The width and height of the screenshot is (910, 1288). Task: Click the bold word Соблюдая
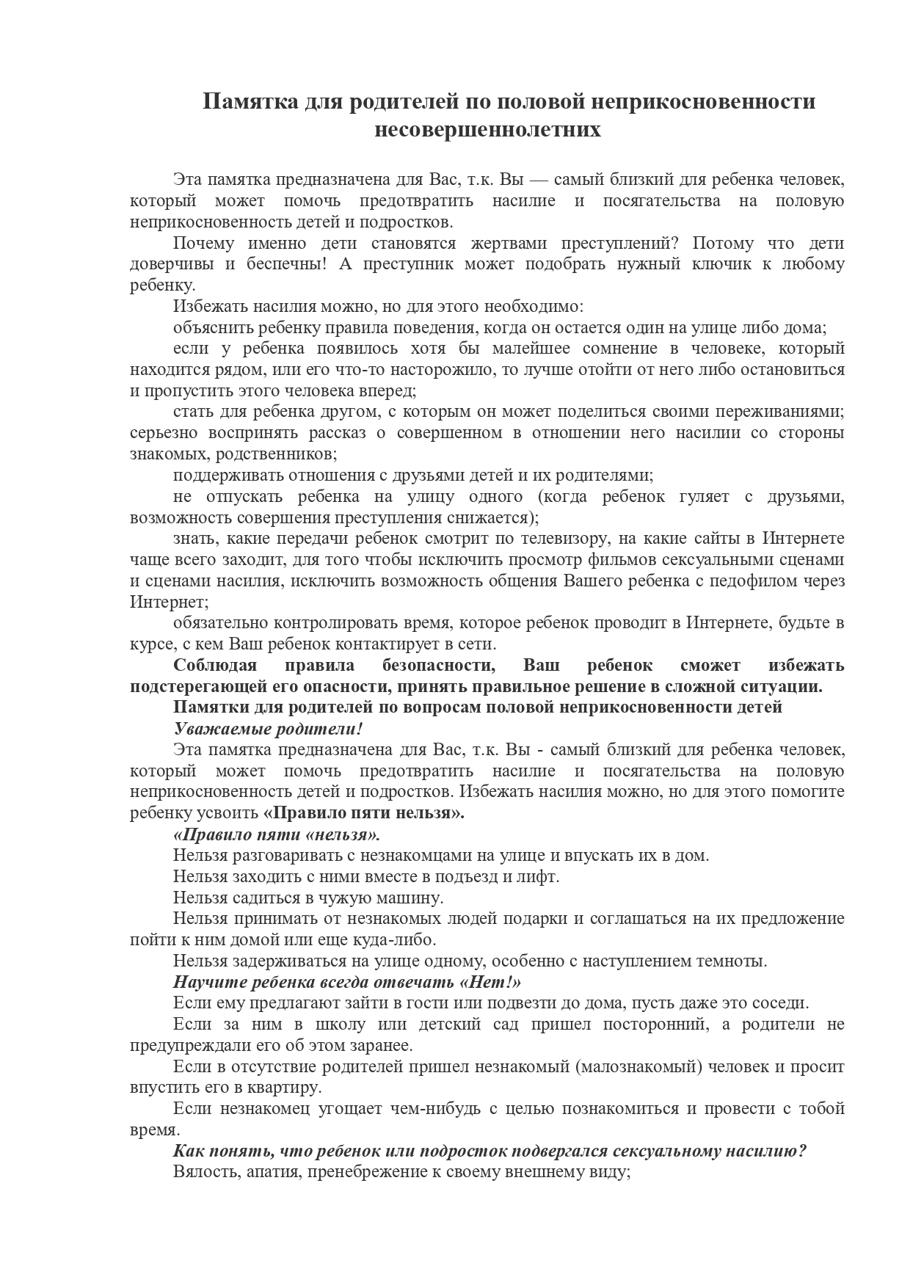215,666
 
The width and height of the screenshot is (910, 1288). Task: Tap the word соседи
778,1003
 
